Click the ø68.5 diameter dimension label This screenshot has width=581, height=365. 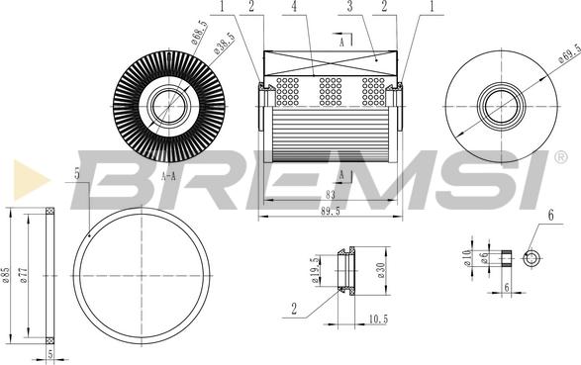pos(199,33)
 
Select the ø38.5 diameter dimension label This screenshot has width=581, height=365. pos(224,44)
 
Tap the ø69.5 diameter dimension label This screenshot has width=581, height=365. pos(570,53)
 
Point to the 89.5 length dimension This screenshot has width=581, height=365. pos(331,212)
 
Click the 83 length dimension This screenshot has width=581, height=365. pos(331,194)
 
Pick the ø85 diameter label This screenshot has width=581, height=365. pos(6,275)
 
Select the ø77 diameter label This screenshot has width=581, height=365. pos(23,276)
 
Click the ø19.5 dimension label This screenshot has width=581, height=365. pos(316,270)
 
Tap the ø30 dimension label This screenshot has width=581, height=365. pos(381,271)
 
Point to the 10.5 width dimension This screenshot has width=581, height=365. pos(378,319)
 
